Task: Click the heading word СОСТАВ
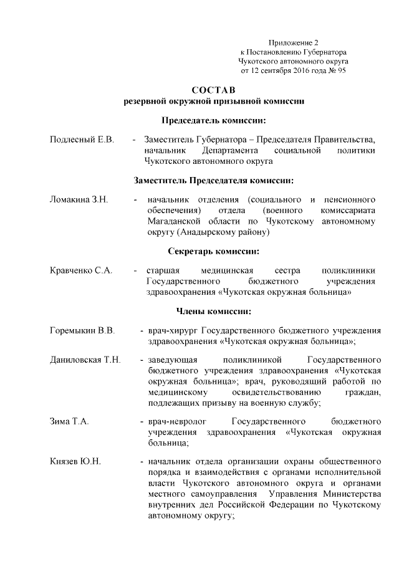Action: (x=214, y=90)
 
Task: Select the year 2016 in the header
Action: (x=302, y=71)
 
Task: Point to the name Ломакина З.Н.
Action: (x=79, y=199)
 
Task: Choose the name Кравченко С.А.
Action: (x=81, y=270)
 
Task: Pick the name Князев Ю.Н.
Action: (x=75, y=462)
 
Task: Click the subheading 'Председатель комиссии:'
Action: (x=214, y=120)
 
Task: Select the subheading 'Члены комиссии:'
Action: (x=214, y=311)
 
